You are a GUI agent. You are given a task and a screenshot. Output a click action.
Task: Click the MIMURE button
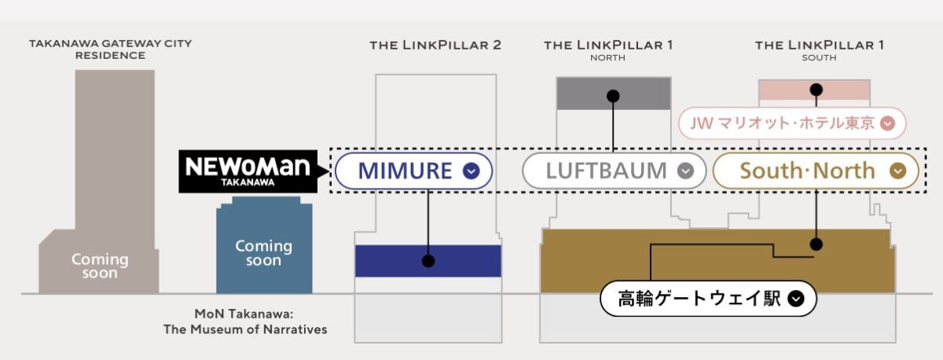tap(413, 171)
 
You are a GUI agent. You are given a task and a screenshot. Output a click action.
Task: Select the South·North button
tap(816, 171)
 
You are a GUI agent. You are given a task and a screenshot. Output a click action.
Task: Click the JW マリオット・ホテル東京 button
tap(792, 123)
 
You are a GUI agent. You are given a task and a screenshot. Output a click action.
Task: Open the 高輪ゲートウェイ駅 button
tap(708, 299)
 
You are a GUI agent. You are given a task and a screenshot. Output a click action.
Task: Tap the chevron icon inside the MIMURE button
tap(472, 171)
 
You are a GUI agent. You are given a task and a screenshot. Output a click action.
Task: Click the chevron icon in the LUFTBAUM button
tap(686, 171)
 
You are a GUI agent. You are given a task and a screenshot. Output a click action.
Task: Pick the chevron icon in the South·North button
tap(898, 171)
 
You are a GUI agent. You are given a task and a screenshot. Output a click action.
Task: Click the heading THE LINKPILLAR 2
tap(435, 45)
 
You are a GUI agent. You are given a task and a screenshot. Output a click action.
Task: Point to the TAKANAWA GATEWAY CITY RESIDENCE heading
tap(110, 50)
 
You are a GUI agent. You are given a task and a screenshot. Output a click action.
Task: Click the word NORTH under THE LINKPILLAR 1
tap(608, 57)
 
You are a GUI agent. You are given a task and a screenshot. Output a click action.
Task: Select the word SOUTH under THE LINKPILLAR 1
tap(819, 57)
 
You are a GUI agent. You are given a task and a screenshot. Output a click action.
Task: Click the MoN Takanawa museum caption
tap(245, 321)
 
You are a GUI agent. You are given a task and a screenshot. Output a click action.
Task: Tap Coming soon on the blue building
tap(263, 252)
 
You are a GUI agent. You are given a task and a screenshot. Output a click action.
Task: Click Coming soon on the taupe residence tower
tap(100, 266)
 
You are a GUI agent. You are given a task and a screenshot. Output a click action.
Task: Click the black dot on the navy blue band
tap(428, 261)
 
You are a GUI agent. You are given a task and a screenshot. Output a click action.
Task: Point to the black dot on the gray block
tap(614, 96)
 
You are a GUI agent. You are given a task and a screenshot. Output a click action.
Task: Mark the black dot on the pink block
tap(817, 89)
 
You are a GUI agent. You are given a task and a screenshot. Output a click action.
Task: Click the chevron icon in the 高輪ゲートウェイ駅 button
tap(796, 299)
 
